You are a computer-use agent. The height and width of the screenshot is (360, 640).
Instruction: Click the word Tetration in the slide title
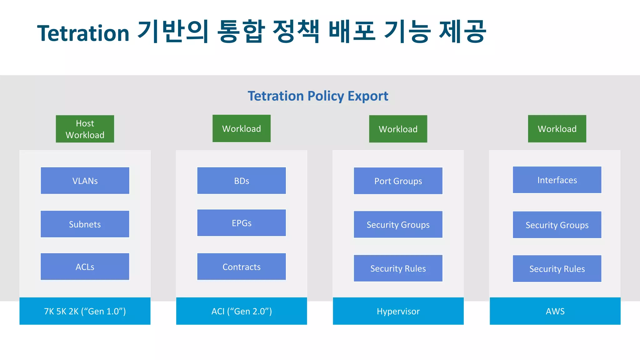pos(83,33)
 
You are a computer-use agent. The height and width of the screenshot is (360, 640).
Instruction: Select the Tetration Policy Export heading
pos(318,96)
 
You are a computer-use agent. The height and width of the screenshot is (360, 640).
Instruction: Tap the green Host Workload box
pos(85,129)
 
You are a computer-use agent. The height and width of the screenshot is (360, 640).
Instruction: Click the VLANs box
pos(85,181)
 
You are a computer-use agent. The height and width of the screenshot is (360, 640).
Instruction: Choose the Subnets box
pos(85,224)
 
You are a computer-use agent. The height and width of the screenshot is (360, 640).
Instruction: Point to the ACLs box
pos(85,267)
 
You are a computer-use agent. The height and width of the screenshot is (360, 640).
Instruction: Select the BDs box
pos(242,181)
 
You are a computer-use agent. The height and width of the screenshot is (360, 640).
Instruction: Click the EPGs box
pos(242,223)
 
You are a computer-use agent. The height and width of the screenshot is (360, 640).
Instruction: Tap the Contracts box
pos(242,267)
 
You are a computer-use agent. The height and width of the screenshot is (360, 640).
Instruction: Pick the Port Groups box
pos(398,181)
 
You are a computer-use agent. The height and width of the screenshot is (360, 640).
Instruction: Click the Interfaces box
pos(557,180)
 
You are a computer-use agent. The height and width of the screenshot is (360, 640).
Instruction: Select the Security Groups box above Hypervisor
pos(398,225)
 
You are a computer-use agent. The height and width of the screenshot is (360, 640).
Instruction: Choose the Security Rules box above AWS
pos(557,269)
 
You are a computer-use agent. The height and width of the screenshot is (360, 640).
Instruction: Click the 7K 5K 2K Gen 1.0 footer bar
pos(85,311)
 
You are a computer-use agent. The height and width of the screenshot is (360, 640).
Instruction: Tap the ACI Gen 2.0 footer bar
pos(242,311)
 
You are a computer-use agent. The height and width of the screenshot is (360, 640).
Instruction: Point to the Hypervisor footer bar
pos(398,311)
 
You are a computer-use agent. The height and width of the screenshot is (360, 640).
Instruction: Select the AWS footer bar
pos(555,311)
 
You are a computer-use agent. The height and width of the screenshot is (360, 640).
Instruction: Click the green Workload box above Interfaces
pos(557,129)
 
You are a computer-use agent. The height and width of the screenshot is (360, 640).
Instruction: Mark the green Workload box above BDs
pos(242,128)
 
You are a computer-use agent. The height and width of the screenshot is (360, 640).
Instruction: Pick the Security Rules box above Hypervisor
pos(398,268)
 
